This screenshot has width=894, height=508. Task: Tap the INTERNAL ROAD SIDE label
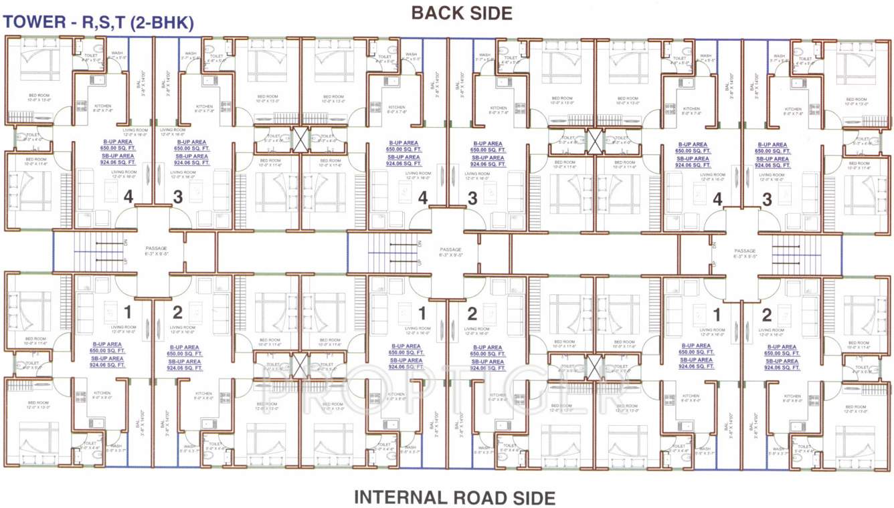(454, 497)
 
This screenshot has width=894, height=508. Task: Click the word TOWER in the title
(34, 23)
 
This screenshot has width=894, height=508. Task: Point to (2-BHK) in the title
(163, 23)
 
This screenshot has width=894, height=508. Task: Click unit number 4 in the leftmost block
(128, 197)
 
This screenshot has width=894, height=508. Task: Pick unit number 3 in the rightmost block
(767, 199)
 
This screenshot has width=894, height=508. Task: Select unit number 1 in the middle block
(422, 312)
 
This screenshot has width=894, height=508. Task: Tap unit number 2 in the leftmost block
(177, 312)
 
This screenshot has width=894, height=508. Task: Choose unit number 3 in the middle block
(472, 199)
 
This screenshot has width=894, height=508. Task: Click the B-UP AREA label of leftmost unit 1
(108, 347)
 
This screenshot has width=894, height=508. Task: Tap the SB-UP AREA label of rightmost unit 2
(782, 362)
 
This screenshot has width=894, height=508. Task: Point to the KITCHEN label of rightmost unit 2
(792, 396)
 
